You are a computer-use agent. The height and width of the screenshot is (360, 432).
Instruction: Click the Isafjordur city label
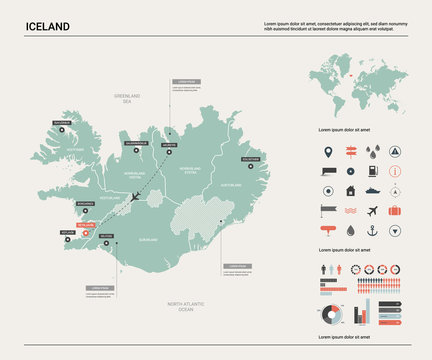pos(63,124)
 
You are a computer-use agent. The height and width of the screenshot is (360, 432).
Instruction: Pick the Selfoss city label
pos(107,236)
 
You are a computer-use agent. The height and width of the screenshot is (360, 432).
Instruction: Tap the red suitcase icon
pos(395,211)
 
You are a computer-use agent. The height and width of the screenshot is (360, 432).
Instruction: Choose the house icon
pos(350,190)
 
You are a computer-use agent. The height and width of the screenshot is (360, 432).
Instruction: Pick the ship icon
pos(372,190)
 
